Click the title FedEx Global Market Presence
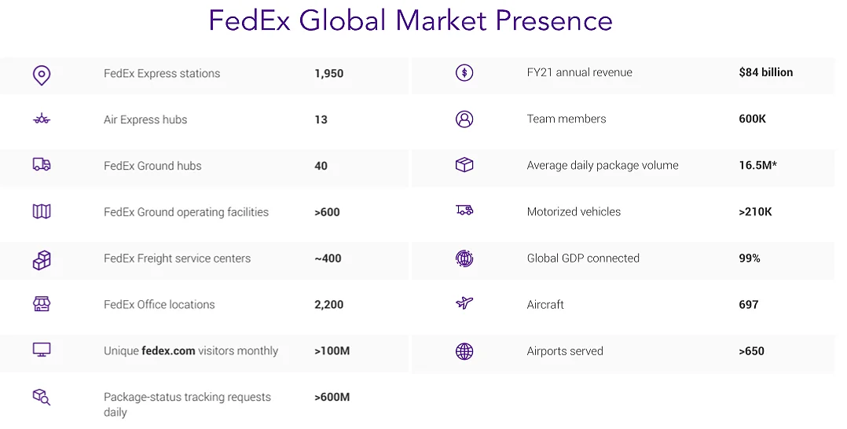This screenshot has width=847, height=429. (410, 20)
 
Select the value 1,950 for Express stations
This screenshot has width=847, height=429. (328, 74)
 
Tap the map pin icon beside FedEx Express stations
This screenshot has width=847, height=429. (42, 75)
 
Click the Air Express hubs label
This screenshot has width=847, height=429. (145, 120)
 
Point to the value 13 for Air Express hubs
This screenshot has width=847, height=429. (321, 120)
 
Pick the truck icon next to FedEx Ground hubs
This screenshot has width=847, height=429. (42, 165)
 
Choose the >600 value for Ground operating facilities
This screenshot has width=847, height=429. (327, 212)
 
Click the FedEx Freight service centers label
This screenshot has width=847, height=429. (177, 258)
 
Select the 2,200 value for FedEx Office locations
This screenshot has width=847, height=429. (328, 305)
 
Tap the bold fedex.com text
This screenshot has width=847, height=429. (168, 351)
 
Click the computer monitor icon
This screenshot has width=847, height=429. (42, 350)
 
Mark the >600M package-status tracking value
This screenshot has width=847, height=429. (332, 398)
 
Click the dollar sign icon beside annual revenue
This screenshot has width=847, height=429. (464, 72)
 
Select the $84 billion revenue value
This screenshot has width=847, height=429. (765, 72)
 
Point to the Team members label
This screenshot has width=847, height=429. (566, 119)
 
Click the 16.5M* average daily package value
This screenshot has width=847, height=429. (757, 166)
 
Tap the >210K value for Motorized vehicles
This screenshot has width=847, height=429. (755, 212)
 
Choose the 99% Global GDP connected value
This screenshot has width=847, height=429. (749, 258)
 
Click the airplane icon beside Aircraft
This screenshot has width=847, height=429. (464, 303)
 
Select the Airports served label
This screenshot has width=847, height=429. (565, 351)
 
